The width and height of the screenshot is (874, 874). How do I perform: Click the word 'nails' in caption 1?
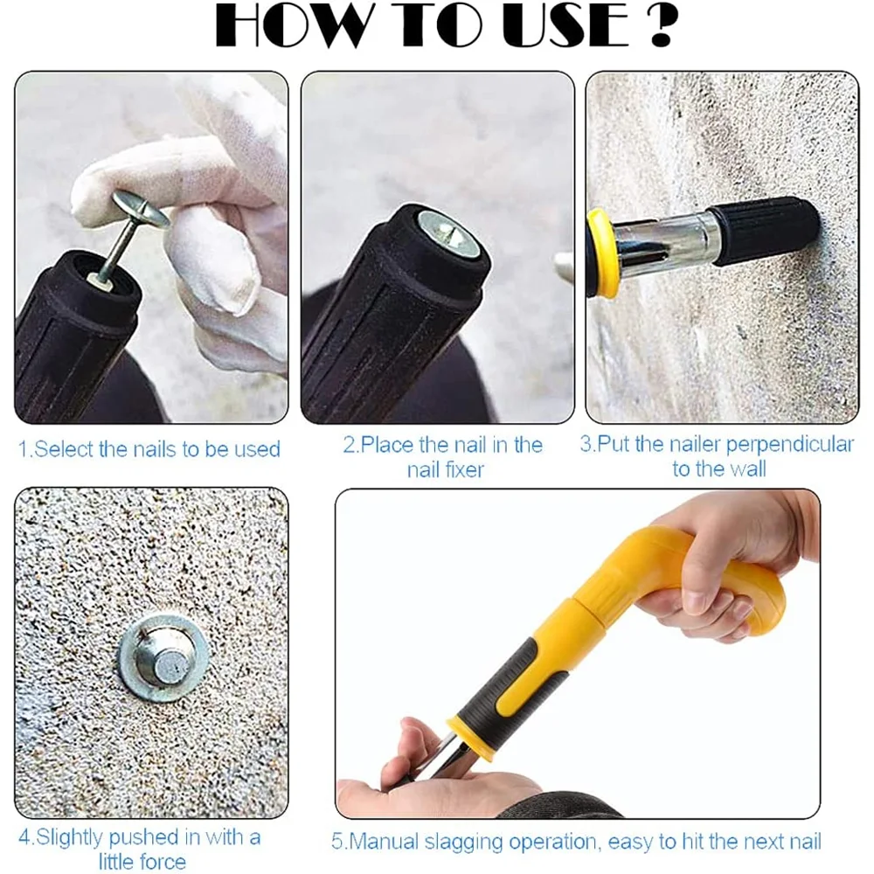pos(154,450)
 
